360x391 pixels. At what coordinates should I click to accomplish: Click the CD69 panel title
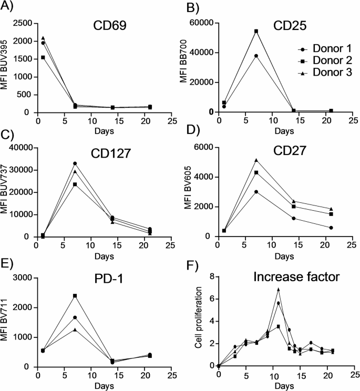coord(114,28)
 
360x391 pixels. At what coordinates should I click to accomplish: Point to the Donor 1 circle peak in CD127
coord(75,163)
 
